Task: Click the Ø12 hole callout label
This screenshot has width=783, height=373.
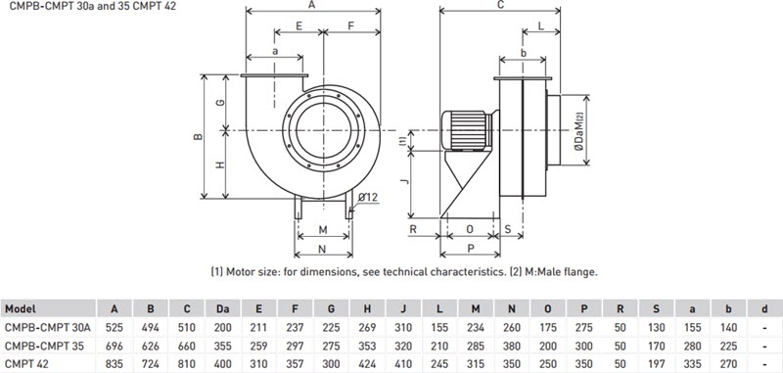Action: pos(367,197)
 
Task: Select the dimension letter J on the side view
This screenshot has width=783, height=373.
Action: pos(402,181)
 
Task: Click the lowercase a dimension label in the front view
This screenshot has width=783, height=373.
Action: pos(276,50)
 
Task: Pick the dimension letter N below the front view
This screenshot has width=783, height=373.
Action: pos(323,246)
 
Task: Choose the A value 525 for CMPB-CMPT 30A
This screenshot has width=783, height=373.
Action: pos(115,327)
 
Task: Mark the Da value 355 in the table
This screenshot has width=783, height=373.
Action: pos(224,346)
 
